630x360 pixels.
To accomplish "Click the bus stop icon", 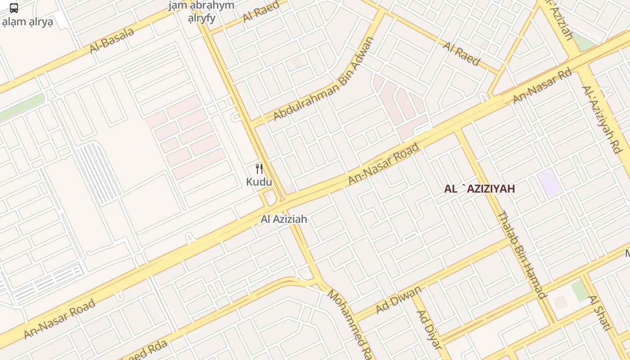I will [x=14, y=8].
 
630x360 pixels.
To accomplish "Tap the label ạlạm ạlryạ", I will [x=27, y=22].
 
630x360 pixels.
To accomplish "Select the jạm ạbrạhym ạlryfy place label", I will [x=201, y=12].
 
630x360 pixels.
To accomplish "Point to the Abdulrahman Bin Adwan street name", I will [x=324, y=79].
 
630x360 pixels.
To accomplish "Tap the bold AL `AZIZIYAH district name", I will [x=479, y=189].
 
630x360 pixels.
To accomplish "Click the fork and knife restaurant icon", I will [x=259, y=169].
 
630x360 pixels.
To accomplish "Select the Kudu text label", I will [x=259, y=182].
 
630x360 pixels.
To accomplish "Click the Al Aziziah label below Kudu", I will [x=284, y=219].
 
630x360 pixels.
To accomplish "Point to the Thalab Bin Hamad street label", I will [x=522, y=254].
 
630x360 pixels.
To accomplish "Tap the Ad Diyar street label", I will [x=429, y=329].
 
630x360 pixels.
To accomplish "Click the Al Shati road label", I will [x=600, y=313].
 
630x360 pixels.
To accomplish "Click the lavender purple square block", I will [x=549, y=183].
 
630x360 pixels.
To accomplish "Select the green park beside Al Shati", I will [x=580, y=291].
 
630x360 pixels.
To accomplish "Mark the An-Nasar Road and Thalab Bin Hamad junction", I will [x=458, y=130].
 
